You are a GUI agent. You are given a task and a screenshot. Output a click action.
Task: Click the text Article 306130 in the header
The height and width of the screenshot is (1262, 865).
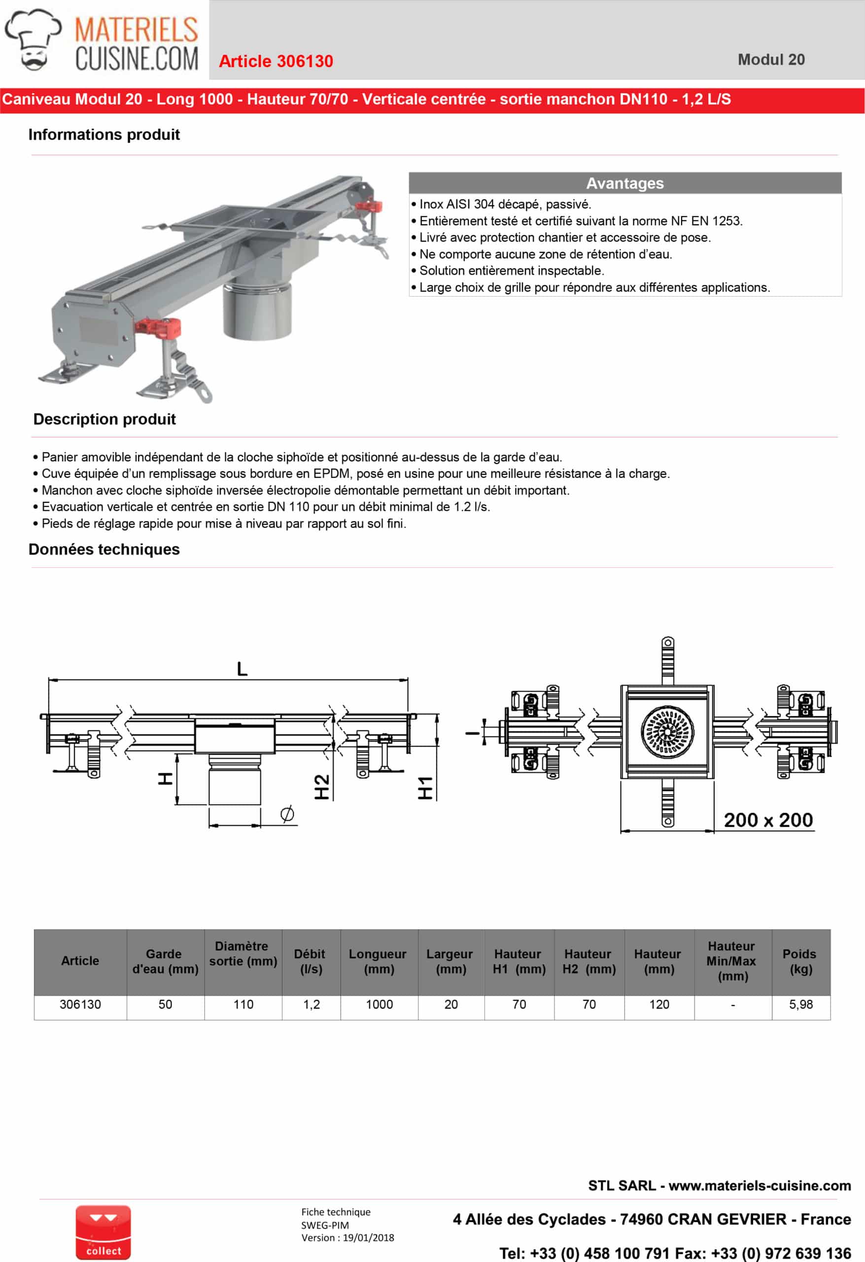tap(276, 61)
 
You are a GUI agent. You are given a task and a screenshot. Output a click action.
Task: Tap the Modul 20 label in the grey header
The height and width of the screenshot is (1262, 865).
tap(770, 60)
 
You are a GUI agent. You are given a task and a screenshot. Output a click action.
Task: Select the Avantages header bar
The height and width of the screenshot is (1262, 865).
tap(624, 183)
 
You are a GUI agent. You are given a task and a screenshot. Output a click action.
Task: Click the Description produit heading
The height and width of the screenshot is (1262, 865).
tap(104, 419)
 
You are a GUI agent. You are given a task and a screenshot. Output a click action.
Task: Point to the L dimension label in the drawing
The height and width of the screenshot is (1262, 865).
tap(242, 668)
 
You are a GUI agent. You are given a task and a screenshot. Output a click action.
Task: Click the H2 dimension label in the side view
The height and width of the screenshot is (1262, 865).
tap(322, 787)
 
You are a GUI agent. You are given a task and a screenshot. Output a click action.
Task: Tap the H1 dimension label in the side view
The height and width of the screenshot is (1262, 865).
tap(425, 788)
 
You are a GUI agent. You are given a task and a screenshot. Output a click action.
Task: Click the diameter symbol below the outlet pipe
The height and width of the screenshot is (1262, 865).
tap(287, 813)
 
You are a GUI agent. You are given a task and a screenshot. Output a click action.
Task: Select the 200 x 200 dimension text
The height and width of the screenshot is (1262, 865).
tap(768, 820)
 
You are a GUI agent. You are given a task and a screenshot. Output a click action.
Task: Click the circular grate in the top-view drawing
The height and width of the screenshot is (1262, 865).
tap(667, 732)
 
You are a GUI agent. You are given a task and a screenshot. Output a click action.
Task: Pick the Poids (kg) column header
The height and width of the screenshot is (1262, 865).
tap(800, 961)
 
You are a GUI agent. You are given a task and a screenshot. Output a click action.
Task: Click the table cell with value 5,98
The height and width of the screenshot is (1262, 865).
tap(800, 1005)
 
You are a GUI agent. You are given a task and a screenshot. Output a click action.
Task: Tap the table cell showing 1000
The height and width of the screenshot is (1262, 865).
tap(379, 1005)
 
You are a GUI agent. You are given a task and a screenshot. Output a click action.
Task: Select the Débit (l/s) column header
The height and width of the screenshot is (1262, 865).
tap(311, 961)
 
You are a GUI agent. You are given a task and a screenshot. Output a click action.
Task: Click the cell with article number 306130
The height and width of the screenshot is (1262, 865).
tap(80, 1005)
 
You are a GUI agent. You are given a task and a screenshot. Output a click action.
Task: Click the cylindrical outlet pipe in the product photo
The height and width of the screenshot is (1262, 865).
tap(257, 312)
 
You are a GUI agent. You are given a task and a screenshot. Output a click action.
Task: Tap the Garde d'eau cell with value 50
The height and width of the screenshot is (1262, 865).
tap(165, 1005)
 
